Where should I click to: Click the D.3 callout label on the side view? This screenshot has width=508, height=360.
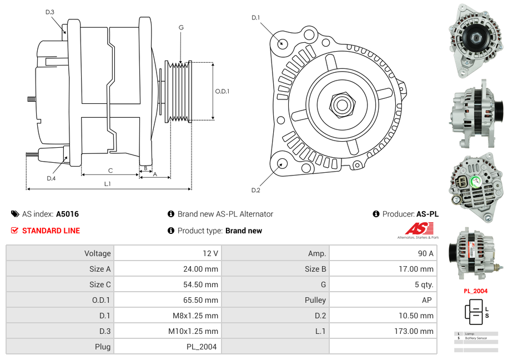(x=50, y=12)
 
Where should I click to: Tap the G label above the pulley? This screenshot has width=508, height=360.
(x=181, y=27)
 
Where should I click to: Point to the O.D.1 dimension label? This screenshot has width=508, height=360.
(x=222, y=91)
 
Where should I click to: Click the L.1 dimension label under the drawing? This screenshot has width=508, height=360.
(x=107, y=183)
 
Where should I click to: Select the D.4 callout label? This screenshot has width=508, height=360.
(x=51, y=178)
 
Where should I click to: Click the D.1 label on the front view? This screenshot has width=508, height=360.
(x=255, y=18)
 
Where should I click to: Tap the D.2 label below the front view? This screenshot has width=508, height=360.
(x=255, y=191)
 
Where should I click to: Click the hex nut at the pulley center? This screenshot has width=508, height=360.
(x=341, y=104)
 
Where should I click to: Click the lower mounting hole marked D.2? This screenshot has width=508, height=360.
(x=281, y=163)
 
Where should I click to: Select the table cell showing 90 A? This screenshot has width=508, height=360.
(x=383, y=253)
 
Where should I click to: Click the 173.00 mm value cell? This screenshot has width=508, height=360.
(x=383, y=331)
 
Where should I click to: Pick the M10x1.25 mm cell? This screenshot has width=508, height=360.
(x=166, y=331)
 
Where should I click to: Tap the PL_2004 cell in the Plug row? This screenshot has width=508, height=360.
(x=166, y=347)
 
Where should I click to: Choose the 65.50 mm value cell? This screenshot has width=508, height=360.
(x=166, y=300)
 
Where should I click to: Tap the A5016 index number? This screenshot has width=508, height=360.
(x=67, y=214)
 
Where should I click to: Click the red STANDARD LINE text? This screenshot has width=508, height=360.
(x=51, y=231)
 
